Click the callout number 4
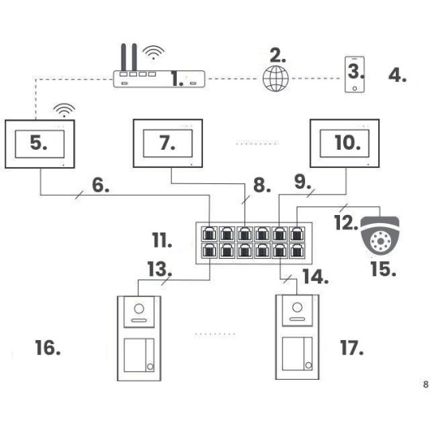point(397,77)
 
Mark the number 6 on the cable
point(100,186)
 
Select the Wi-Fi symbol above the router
point(151,53)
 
